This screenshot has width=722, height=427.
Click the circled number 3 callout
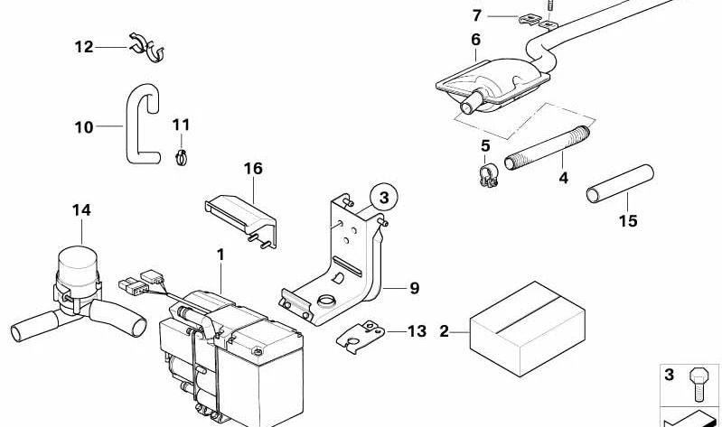(x=382, y=195)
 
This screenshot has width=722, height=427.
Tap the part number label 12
(x=84, y=46)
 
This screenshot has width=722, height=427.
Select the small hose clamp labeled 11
(x=181, y=158)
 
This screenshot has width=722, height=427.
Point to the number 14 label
(x=81, y=210)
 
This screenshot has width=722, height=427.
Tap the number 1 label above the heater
(x=220, y=256)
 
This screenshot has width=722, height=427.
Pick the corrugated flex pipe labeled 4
(x=548, y=150)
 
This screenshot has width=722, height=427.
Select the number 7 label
(x=477, y=15)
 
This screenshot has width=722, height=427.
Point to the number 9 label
(x=414, y=289)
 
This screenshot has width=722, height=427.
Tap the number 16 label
(x=252, y=169)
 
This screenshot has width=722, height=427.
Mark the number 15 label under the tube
(x=627, y=221)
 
